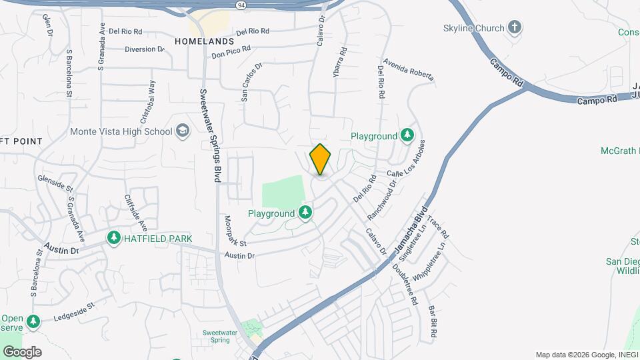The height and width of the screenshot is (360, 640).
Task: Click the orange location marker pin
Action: (321, 159)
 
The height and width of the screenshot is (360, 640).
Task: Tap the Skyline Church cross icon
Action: (514, 27)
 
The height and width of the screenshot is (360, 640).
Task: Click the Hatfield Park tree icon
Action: (114, 238)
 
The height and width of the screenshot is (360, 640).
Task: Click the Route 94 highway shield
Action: (240, 5)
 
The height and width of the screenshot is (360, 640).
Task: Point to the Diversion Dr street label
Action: (145, 49)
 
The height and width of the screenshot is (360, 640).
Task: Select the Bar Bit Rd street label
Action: (433, 320)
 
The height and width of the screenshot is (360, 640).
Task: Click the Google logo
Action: (22, 352)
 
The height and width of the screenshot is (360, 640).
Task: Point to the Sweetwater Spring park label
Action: (220, 335)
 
